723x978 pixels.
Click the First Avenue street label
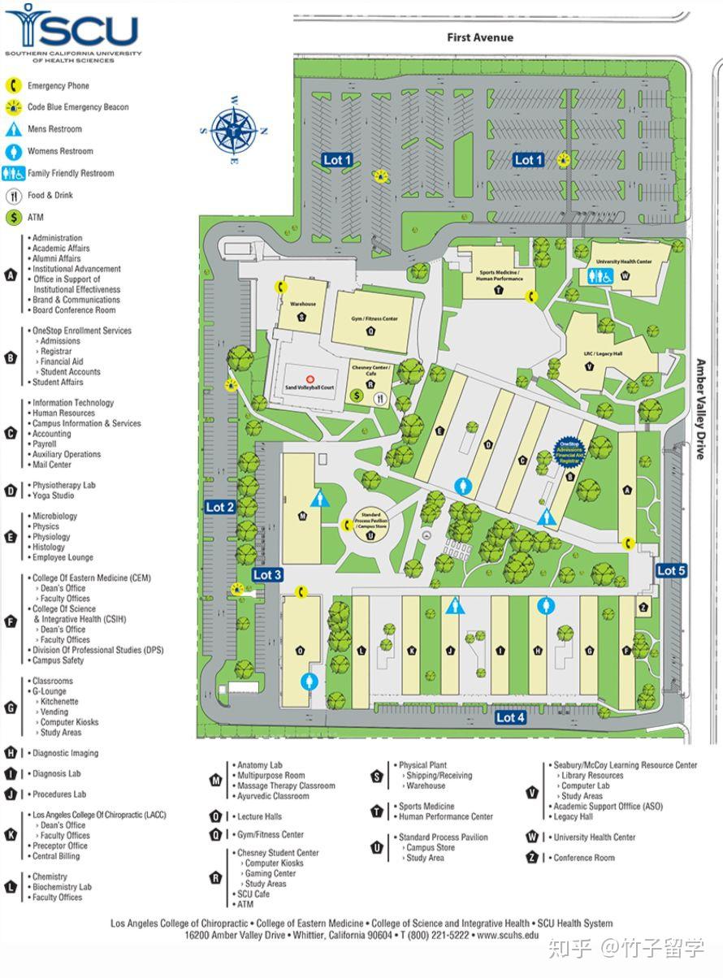click(479, 37)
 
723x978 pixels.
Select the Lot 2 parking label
click(219, 507)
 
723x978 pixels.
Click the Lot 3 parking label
click(267, 574)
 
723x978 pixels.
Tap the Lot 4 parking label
click(510, 717)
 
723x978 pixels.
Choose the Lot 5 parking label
click(671, 570)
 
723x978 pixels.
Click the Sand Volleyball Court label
click(310, 387)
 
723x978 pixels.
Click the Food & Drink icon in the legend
click(14, 196)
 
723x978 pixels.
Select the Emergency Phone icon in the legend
click(14, 85)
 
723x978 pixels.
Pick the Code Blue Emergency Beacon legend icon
click(14, 107)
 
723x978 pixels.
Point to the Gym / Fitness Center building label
click(374, 319)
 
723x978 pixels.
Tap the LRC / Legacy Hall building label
click(602, 353)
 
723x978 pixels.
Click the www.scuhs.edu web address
click(508, 935)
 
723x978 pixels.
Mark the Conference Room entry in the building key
click(583, 858)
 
